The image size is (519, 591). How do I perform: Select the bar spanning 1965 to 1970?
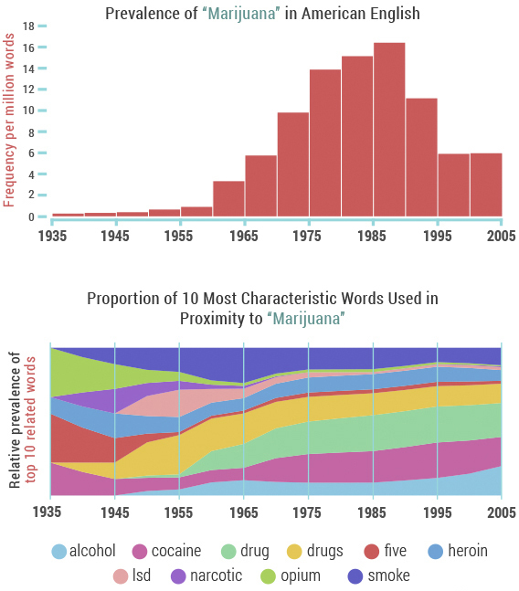coord(260,186)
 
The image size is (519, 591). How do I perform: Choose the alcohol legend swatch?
coord(58,551)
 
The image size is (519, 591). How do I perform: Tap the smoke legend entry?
coord(378,575)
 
